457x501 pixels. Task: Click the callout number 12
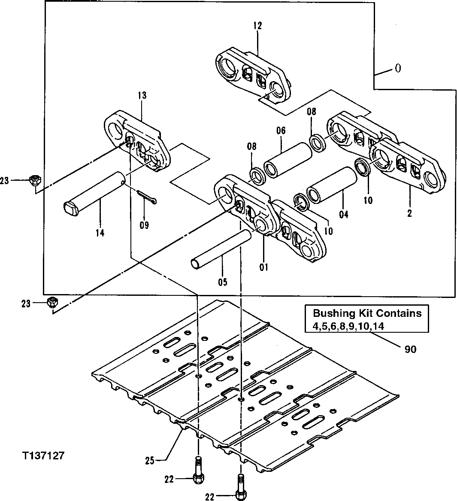click(x=257, y=26)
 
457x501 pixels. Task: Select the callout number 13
click(x=142, y=95)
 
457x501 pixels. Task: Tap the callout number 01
click(x=263, y=267)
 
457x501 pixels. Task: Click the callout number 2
click(x=409, y=213)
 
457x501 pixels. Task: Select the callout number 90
click(x=410, y=349)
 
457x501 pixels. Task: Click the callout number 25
click(x=149, y=461)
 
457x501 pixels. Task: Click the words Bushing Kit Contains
click(x=367, y=313)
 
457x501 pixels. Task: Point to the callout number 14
click(x=100, y=233)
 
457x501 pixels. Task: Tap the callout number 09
click(x=144, y=225)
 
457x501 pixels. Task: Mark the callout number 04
click(x=344, y=214)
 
